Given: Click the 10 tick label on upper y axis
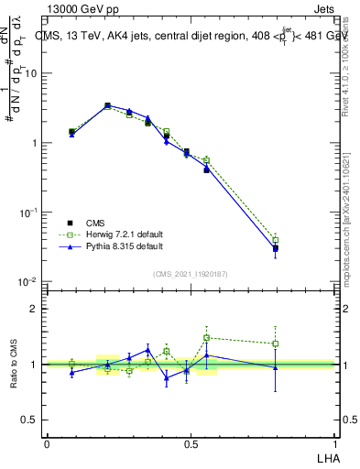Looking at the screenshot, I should click(x=31, y=73).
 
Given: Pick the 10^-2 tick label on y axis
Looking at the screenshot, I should click(x=28, y=281).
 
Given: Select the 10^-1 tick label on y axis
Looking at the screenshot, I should click(x=28, y=213).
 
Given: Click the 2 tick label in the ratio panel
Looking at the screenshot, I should click(x=34, y=309).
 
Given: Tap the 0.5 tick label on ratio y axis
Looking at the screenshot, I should click(x=29, y=420).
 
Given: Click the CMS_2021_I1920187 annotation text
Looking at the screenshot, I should click(x=190, y=274).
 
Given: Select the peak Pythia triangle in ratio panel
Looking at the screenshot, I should click(x=147, y=350).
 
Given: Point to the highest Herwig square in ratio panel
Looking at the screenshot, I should click(x=207, y=337).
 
